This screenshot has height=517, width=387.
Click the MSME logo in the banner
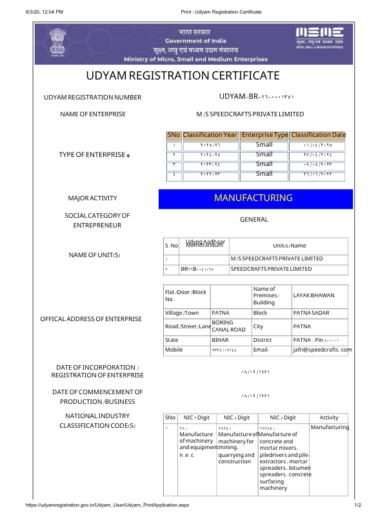tap(319, 37)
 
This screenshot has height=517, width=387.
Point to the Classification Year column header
tap(210, 135)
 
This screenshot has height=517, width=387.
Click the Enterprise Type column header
tap(264, 135)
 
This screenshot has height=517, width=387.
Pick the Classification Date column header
tap(318, 135)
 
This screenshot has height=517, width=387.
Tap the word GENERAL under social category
tap(253, 220)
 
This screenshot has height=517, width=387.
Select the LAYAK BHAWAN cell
tap(314, 295)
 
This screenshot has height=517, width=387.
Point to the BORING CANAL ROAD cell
tap(228, 326)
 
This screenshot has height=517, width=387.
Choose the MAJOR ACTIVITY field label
tap(92, 198)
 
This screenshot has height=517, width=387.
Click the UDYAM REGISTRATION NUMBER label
tap(92, 98)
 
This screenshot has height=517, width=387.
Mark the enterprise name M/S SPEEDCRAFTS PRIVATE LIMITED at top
tap(250, 114)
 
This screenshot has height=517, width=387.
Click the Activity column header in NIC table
tap(329, 418)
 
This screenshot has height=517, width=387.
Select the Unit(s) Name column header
tap(289, 246)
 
